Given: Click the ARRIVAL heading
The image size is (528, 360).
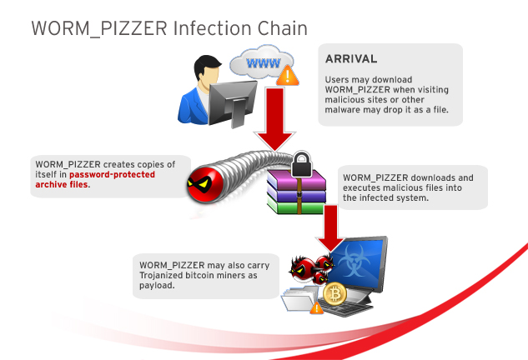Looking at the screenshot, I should (x=351, y=59).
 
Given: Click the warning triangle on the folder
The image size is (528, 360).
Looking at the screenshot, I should (x=316, y=308).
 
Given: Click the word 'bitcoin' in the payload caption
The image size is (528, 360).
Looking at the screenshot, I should (x=203, y=276).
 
